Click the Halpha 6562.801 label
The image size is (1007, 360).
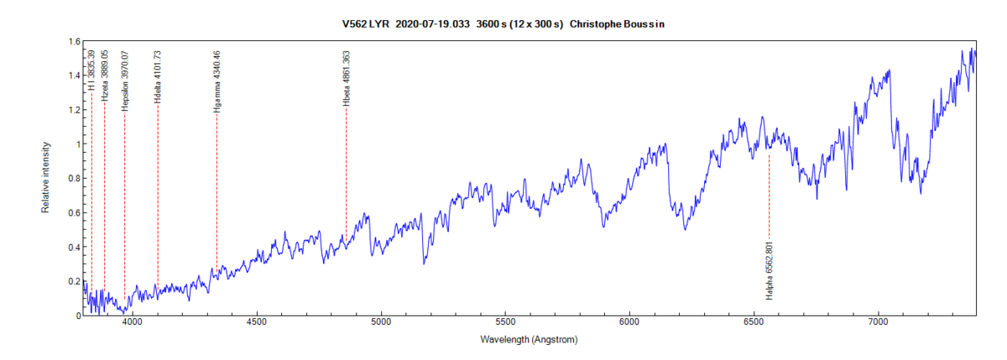click(769, 270)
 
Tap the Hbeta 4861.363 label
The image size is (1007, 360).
click(346, 78)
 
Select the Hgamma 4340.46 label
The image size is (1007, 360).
click(217, 82)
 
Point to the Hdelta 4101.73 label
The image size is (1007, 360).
click(158, 76)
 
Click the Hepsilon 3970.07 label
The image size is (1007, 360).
click(124, 81)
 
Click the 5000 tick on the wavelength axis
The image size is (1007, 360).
click(381, 322)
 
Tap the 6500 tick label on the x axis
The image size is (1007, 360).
click(754, 322)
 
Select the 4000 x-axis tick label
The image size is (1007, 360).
click(133, 322)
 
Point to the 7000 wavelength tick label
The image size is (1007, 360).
click(878, 322)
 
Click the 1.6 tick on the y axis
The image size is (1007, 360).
click(74, 41)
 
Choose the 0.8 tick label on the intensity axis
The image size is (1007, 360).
click(74, 178)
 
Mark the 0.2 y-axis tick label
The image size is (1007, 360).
click(74, 281)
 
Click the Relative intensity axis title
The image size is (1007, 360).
click(46, 178)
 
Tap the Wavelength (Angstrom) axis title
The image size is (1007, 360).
click(529, 340)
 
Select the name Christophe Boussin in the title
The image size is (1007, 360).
click(617, 24)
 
